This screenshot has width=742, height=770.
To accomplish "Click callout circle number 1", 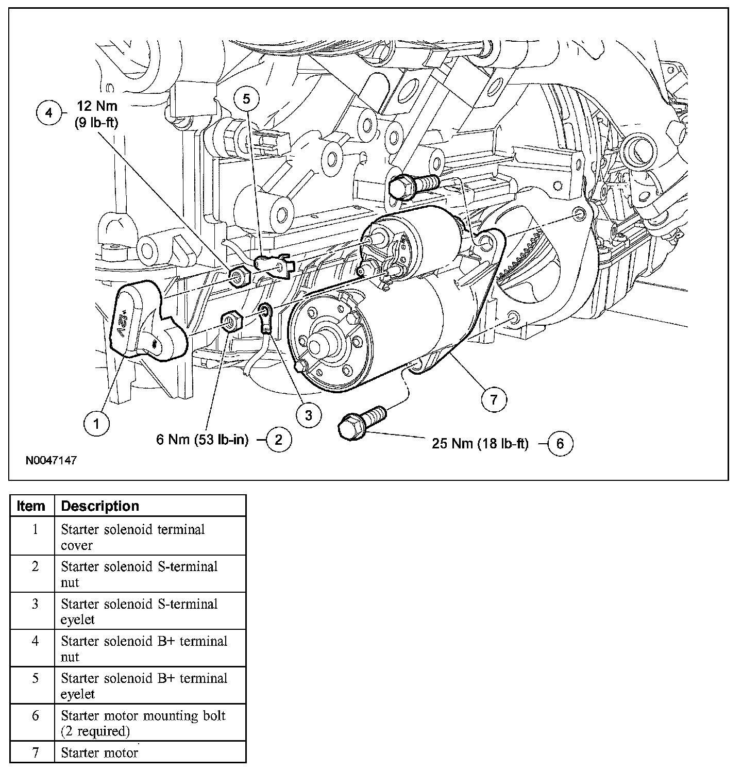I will coord(97,424).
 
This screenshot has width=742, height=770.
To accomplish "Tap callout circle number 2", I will coord(278,440).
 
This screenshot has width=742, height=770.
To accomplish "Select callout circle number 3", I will coord(309,415).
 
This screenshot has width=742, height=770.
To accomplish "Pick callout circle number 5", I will coord(247,98).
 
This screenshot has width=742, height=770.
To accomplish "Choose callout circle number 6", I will coord(560,444).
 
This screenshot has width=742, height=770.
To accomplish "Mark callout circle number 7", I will coord(494,399).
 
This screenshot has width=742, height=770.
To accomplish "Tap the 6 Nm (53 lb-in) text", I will coord(203,440).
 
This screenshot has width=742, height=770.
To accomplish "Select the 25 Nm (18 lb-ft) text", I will coord(480,444).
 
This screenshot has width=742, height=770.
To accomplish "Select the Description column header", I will coord(100,506).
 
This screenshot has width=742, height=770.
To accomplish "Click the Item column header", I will coord(31,506).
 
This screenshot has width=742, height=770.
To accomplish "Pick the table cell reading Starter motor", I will coord(99,752).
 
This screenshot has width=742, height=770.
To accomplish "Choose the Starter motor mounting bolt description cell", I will coord(143,723).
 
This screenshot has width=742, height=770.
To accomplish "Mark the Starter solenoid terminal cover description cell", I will coord(133,537).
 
